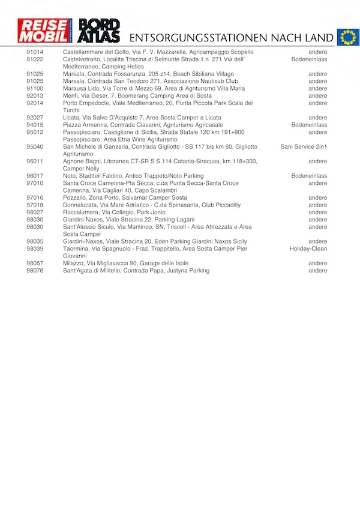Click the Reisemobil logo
(44, 31)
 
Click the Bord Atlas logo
(100, 31)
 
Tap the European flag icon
(348, 37)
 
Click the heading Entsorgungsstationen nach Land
(232, 38)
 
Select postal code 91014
(35, 52)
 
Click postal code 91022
(35, 59)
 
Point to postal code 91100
(35, 88)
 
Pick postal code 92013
(35, 95)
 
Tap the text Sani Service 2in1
(304, 146)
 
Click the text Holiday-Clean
(308, 248)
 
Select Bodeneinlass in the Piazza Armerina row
(310, 125)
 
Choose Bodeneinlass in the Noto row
(310, 176)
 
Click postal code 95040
(35, 146)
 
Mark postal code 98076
(35, 271)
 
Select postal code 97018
(35, 205)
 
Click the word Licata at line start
(71, 118)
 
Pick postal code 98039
(35, 248)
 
